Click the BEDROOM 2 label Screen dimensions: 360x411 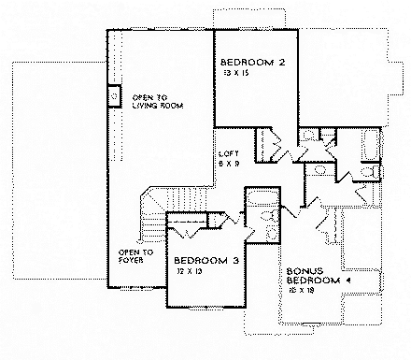(x=253, y=63)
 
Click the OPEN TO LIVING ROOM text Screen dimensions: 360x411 (x=154, y=102)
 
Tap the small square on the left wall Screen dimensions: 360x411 (x=114, y=95)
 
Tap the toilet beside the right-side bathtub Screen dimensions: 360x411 (x=373, y=173)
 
